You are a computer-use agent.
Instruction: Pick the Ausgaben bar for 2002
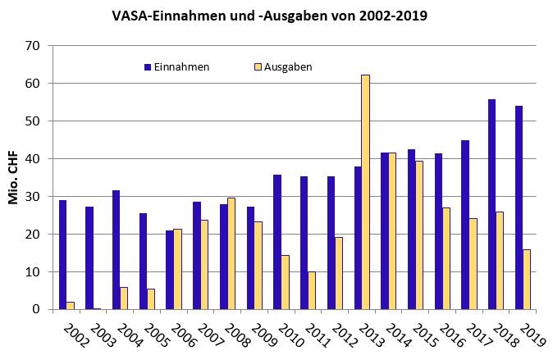click(x=71, y=305)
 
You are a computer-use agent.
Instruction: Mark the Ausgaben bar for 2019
click(x=527, y=280)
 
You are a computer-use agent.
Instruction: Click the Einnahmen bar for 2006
click(x=170, y=270)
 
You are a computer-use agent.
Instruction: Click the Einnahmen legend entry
click(x=176, y=66)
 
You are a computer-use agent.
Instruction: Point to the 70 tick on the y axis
click(x=33, y=46)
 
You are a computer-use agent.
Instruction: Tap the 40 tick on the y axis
click(x=33, y=159)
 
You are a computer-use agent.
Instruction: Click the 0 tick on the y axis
click(x=36, y=309)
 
